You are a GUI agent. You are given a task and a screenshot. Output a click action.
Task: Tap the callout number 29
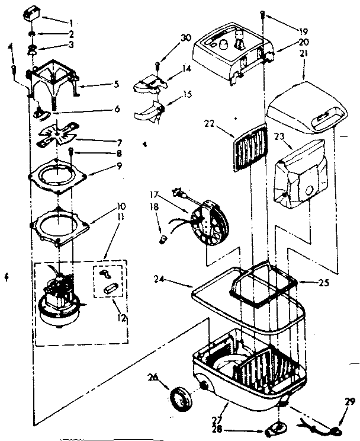pos(346,401)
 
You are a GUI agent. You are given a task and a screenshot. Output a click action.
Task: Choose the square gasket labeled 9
pos(58,173)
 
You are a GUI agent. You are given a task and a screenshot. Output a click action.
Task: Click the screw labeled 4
pos(14,70)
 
